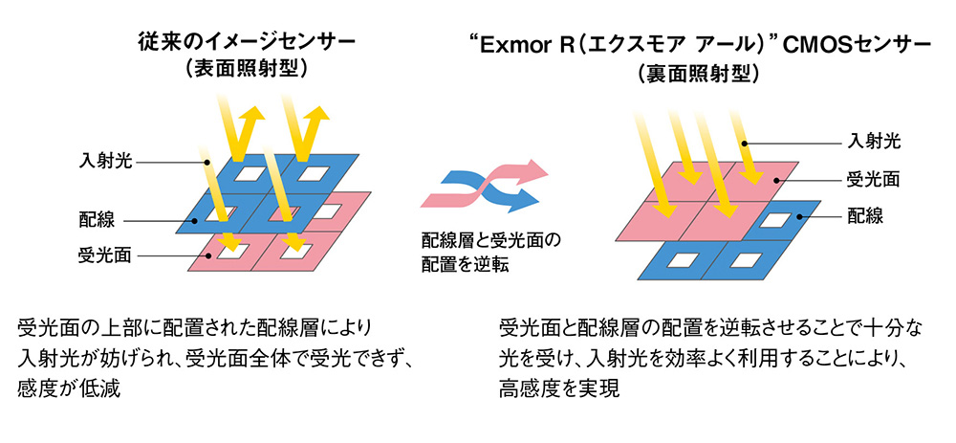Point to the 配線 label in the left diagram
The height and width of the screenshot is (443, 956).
97,220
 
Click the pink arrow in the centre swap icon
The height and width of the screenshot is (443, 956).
531,178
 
